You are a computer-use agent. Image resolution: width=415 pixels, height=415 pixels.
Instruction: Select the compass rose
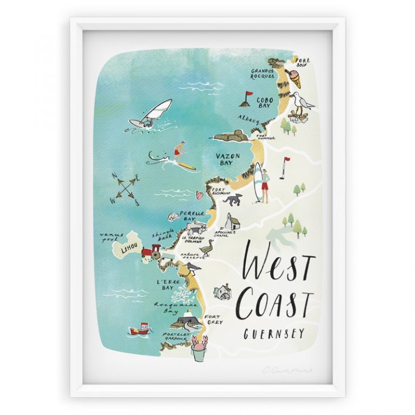[x=126, y=188]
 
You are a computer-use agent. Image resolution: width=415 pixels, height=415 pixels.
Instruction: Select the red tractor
[x=153, y=252]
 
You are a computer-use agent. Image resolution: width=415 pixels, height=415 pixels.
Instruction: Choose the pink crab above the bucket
[x=199, y=339]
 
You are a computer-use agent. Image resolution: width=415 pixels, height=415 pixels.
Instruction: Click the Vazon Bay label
[x=228, y=159]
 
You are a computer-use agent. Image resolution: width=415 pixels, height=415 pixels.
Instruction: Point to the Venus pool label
[x=112, y=237]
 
